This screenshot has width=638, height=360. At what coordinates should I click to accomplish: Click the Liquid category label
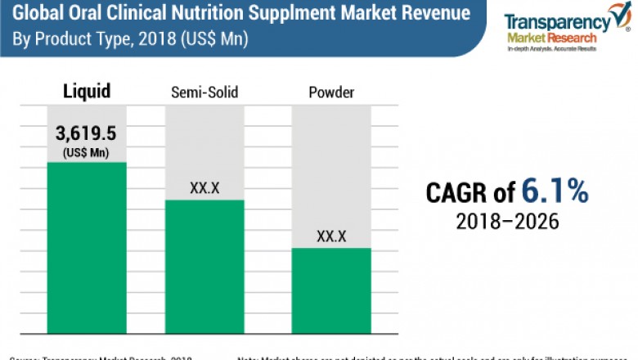87,91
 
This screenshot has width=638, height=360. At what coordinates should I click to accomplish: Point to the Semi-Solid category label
204,92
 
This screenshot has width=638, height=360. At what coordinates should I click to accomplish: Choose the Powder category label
331,92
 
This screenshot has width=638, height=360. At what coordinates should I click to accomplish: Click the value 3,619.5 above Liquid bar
87,134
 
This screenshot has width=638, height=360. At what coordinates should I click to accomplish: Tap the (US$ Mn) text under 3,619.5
87,151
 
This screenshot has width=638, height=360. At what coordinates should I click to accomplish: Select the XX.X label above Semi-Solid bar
204,187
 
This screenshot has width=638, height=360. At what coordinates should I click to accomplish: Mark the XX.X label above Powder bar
331,236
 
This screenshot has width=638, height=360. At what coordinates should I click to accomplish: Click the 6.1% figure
554,191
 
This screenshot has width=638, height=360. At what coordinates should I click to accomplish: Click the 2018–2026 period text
507,222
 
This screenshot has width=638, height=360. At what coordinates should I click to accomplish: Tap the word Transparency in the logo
552,22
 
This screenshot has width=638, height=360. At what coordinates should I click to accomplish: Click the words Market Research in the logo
547,38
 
